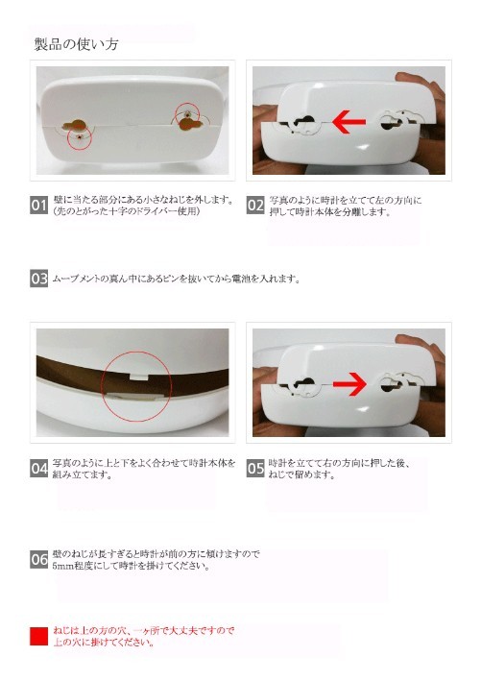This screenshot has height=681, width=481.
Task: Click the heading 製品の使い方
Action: tap(76, 44)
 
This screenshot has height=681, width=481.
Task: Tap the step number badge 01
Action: tap(38, 205)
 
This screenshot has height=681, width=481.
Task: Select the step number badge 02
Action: tap(255, 205)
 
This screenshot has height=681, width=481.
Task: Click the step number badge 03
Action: tap(38, 279)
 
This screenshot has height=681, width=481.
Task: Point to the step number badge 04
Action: tap(38, 469)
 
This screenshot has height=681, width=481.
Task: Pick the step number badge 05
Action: tap(255, 469)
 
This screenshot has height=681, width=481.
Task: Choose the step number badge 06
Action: tap(38, 559)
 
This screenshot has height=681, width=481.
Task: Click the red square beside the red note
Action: tap(38, 636)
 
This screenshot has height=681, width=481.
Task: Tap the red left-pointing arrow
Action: tap(349, 122)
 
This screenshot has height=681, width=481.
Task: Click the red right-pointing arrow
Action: tap(349, 384)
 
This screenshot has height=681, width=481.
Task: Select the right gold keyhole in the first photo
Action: tap(191, 124)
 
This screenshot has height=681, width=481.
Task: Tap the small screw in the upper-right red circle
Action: tap(187, 113)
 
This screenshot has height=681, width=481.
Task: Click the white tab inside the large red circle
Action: tap(136, 377)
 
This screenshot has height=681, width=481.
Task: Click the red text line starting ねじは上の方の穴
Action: tap(144, 631)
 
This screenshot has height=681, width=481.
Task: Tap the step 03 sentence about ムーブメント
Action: tap(177, 279)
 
